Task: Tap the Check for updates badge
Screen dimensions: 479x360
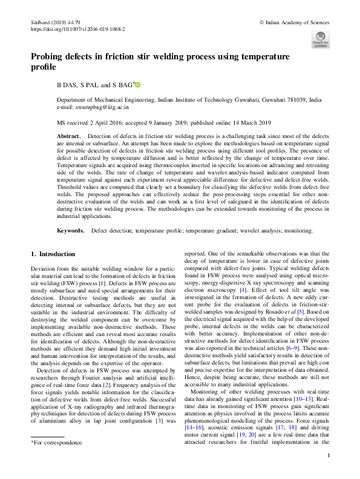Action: tap(320, 39)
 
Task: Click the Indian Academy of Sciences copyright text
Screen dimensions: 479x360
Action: tap(295, 21)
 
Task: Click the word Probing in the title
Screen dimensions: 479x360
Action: tap(50, 56)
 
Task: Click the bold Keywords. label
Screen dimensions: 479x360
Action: tap(71, 231)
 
